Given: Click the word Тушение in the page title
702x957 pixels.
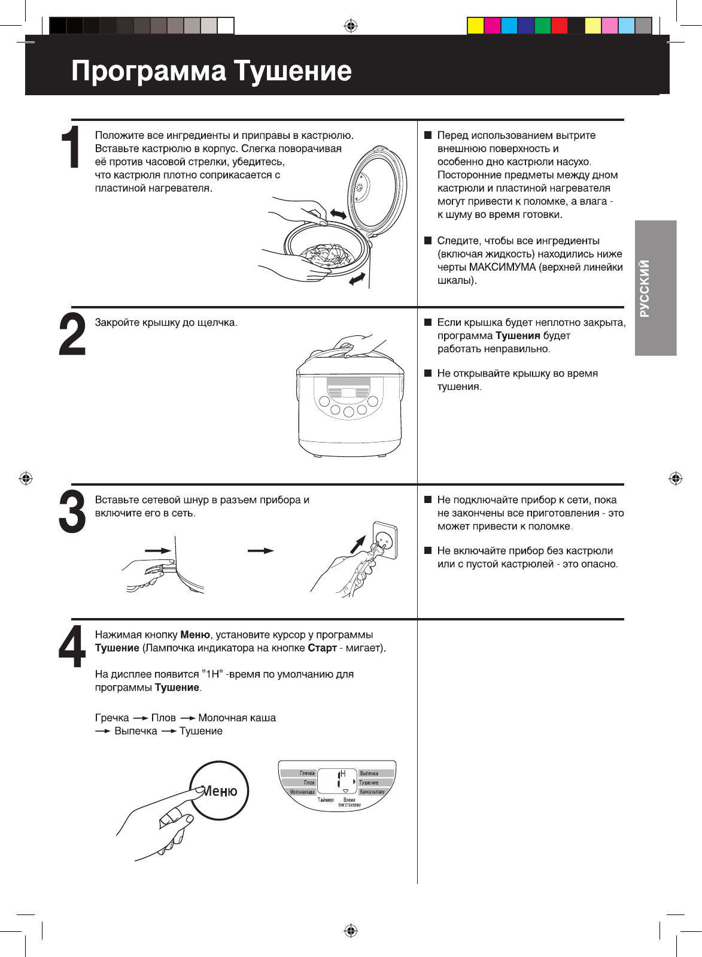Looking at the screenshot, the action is coord(293,71).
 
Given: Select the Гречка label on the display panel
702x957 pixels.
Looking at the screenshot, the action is coord(307,773).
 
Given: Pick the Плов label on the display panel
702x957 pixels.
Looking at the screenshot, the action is coord(309,783).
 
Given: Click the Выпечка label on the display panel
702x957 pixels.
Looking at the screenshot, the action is coord(369,773).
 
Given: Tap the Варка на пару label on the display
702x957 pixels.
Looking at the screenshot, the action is coord(372,792).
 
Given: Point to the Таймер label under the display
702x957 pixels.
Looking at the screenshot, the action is coord(326,800).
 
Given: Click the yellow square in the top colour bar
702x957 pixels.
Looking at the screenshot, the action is coord(475,26).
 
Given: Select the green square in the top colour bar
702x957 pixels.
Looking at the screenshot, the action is coord(542,26).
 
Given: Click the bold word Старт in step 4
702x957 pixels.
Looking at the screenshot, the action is coord(322,648).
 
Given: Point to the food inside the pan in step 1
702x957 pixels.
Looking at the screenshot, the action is coord(326,255).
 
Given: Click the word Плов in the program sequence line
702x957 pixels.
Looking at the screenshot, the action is coord(163,717).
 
